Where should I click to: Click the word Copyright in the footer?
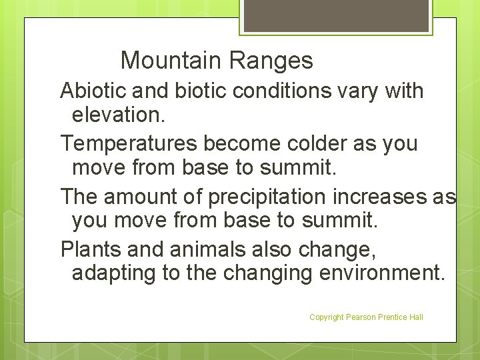point(326,317)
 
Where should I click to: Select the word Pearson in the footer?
point(361,317)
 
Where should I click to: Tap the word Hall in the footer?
point(415,317)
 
